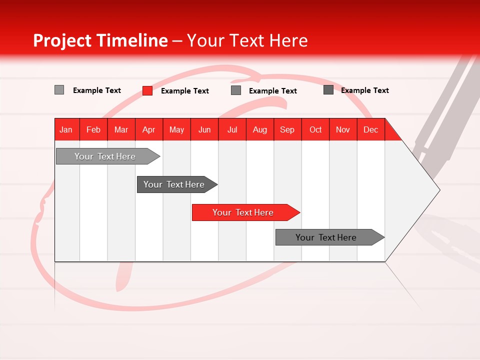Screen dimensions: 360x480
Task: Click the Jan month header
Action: (66, 129)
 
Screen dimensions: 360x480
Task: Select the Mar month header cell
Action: (121, 129)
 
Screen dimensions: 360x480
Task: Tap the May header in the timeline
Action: (176, 129)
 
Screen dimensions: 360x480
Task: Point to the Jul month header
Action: (232, 129)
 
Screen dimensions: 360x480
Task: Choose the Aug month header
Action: (259, 129)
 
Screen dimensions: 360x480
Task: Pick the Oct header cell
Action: (315, 129)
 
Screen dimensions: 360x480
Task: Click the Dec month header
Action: (370, 129)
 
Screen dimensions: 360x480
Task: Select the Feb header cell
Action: (93, 129)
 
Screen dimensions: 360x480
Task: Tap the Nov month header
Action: (343, 129)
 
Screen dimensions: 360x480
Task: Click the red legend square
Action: (147, 90)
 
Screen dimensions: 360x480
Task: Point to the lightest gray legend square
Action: (59, 90)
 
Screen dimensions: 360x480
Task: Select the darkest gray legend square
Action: (328, 90)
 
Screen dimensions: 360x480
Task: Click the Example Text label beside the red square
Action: (184, 91)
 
